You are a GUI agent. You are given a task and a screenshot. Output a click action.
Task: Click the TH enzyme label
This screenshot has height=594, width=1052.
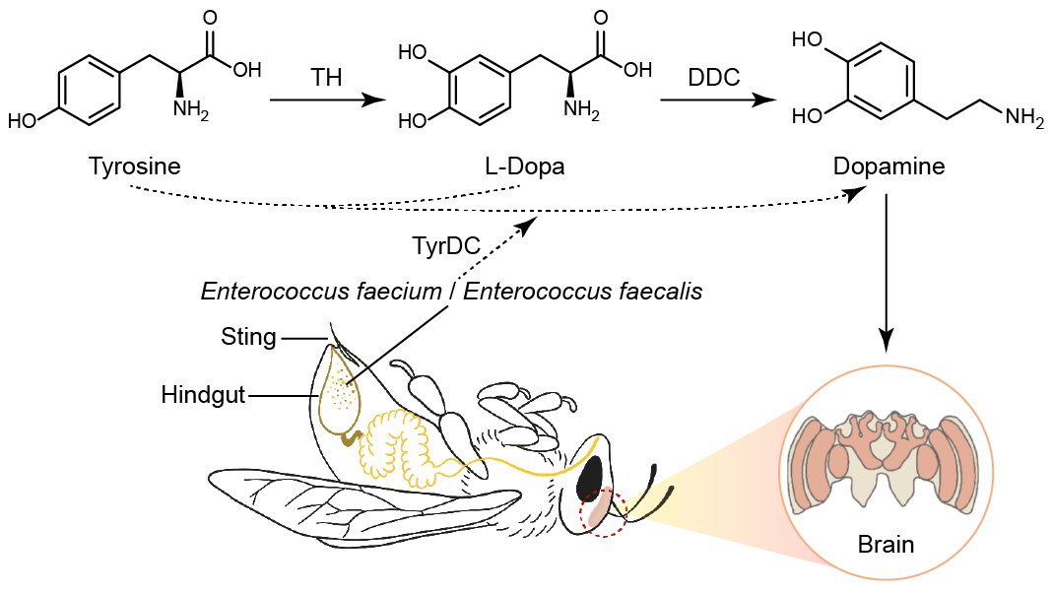(x=325, y=78)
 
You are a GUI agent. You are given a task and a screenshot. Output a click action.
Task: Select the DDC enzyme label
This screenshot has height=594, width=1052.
(x=714, y=78)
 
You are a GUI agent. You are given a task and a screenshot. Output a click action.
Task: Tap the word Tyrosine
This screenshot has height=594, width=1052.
(x=134, y=165)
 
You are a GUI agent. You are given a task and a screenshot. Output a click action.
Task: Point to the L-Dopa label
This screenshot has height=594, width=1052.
(x=524, y=165)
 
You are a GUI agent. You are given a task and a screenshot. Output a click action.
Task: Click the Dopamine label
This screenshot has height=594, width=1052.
(x=888, y=165)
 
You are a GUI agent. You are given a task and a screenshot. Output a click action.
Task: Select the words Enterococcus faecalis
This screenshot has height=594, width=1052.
(x=583, y=293)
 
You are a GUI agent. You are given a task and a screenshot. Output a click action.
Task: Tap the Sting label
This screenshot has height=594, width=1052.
(x=248, y=338)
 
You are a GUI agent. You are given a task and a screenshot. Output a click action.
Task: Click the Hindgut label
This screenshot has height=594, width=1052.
(x=203, y=396)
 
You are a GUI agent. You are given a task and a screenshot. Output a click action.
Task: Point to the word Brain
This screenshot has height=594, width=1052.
(x=886, y=544)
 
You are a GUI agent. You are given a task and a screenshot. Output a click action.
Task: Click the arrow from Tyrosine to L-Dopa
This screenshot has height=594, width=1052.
(x=326, y=100)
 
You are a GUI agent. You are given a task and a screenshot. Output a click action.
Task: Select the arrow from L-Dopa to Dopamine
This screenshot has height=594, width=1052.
(x=715, y=100)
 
